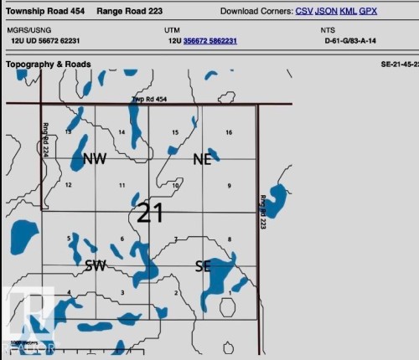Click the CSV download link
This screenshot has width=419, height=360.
304,12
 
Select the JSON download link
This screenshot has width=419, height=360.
326,12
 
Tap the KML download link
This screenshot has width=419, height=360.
348,12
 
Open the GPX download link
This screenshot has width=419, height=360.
368,12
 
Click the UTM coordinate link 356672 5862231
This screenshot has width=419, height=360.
209,40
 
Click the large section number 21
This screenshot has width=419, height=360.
149,213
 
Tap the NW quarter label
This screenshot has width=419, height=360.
95,159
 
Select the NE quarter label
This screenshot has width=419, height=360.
203,159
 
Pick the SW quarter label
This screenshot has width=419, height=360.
95,265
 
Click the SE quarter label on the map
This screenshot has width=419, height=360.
203,265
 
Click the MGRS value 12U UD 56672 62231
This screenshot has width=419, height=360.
46,40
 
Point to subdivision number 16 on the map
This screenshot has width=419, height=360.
229,132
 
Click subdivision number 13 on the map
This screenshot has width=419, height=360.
68,132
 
